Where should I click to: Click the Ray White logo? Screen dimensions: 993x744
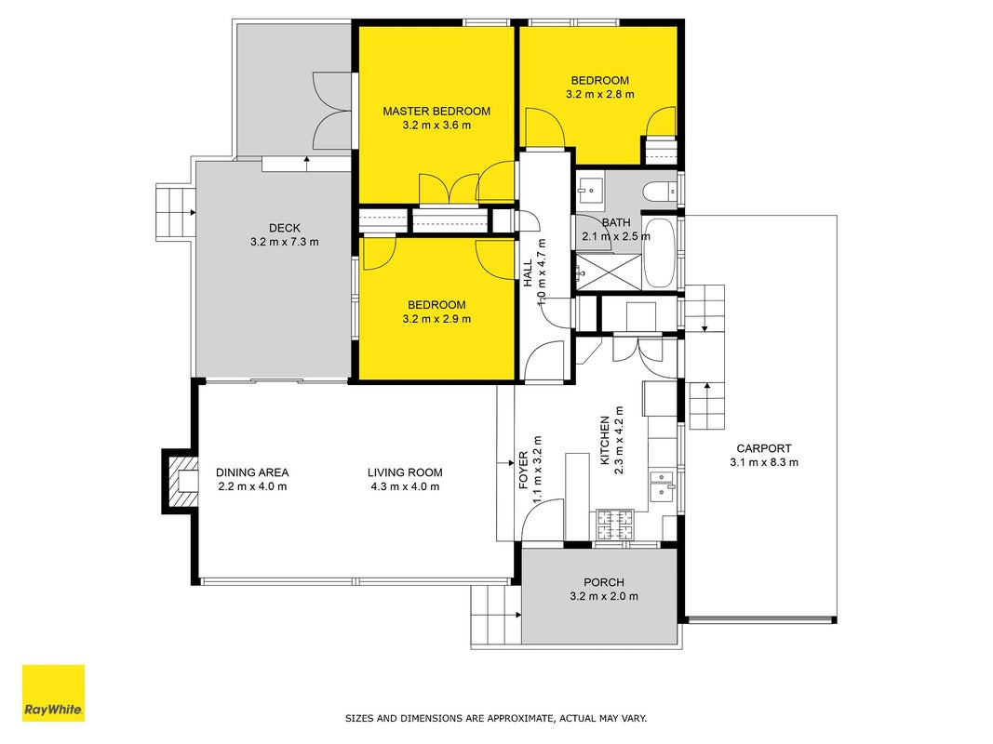(53, 693)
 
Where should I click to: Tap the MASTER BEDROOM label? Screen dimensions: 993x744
(436, 112)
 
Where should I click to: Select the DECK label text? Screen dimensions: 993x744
(285, 228)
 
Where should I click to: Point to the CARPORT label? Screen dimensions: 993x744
(764, 448)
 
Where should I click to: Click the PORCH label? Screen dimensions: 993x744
(604, 582)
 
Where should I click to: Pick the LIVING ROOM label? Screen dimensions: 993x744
(405, 472)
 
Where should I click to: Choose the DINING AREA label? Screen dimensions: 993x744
(252, 472)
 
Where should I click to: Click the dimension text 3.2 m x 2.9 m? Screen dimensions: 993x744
(436, 319)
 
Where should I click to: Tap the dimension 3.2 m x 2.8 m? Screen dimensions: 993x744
(599, 94)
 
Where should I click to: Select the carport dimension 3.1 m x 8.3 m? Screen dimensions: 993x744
(764, 462)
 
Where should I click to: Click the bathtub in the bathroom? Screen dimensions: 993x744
(660, 253)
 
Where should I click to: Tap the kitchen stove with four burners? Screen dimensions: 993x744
(615, 525)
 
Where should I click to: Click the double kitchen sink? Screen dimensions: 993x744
(663, 485)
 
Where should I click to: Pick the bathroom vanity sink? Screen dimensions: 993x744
(591, 189)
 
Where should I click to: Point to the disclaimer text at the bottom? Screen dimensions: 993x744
(496, 718)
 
